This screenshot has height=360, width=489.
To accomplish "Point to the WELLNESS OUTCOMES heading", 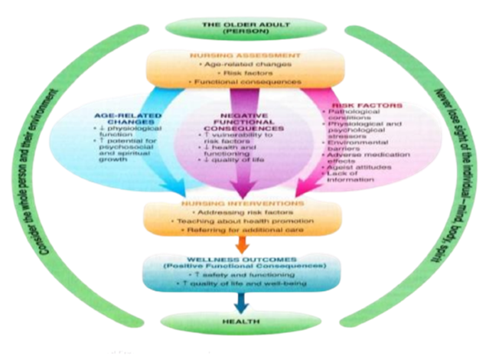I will tap(243, 260).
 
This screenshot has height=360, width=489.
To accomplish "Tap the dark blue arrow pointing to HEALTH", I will tap(243, 303).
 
